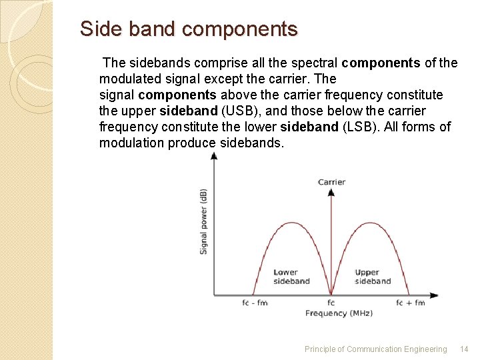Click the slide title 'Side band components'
pos(189,29)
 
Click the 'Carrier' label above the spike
pos(331,182)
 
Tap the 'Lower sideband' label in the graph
pos(291,277)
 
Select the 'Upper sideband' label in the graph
pos(373,277)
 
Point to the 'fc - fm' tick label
pos(255,303)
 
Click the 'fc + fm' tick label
pos(410,303)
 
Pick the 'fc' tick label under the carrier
pos(331,303)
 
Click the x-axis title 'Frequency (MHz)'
pos(339,313)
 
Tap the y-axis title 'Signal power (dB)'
pos(203,221)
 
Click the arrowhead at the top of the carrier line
pos(331,192)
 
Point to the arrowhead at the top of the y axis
pos(214,156)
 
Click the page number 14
pos(465,349)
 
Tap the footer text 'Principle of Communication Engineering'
pos(375,349)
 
